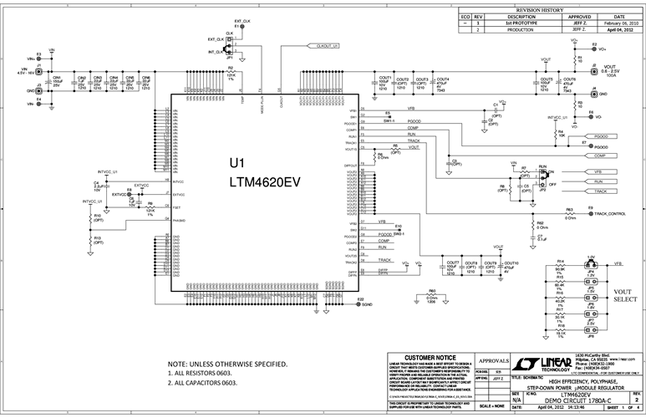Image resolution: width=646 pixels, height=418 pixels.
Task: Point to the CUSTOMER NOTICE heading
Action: point(428,357)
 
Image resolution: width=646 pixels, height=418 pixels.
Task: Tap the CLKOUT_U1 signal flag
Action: point(323,46)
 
